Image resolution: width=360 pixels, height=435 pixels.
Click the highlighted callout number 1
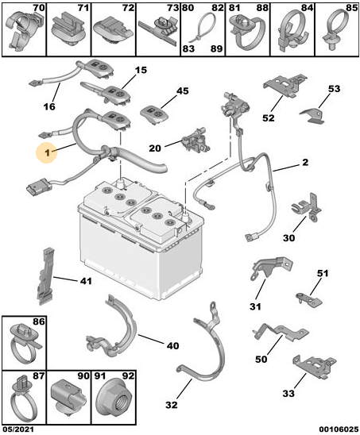pos(48,152)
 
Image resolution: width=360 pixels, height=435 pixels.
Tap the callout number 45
pos(183,91)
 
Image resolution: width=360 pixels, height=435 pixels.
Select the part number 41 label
pos(86,281)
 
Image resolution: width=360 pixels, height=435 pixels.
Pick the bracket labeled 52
pos(285,85)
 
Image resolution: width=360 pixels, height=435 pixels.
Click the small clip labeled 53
pos(312,115)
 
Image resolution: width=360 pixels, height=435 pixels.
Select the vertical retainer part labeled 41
pos(45,275)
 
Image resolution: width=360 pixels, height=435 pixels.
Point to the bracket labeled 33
pos(315,366)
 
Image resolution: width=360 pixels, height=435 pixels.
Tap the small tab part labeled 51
pos(308,299)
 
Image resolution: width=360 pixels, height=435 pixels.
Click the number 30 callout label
pos(289,238)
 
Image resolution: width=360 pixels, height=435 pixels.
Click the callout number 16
pos(49,106)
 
